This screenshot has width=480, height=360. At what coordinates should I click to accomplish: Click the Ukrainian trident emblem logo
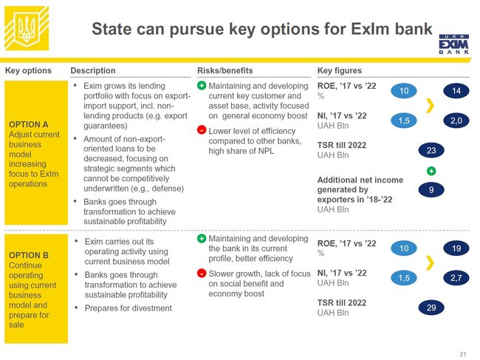27,28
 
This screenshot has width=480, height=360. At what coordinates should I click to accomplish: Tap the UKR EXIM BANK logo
454,44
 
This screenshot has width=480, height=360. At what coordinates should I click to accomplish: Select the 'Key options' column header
28,70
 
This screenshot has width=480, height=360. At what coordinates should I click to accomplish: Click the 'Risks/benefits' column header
225,70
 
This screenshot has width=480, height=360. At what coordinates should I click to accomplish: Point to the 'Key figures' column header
340,70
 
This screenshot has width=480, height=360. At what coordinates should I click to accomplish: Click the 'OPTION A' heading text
29,124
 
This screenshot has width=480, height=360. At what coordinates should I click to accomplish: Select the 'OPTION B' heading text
29,255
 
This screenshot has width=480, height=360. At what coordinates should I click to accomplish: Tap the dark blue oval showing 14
456,91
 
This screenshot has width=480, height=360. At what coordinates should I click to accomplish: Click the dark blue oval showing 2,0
456,120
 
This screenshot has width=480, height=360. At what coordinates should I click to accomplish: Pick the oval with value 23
431,151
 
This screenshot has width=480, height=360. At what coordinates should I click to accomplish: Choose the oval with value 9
431,190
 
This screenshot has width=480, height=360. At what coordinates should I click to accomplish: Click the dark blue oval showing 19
456,248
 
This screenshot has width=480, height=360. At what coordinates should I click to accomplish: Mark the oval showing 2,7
456,278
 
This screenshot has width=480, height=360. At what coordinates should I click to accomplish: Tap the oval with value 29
431,308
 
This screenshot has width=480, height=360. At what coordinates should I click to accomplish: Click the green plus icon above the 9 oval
431,171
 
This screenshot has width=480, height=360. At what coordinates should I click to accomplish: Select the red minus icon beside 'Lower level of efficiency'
202,130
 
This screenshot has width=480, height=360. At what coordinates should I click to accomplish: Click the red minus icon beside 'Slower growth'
202,273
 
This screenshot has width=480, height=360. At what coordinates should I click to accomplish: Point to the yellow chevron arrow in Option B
431,262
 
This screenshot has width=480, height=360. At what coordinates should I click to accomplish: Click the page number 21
462,354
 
